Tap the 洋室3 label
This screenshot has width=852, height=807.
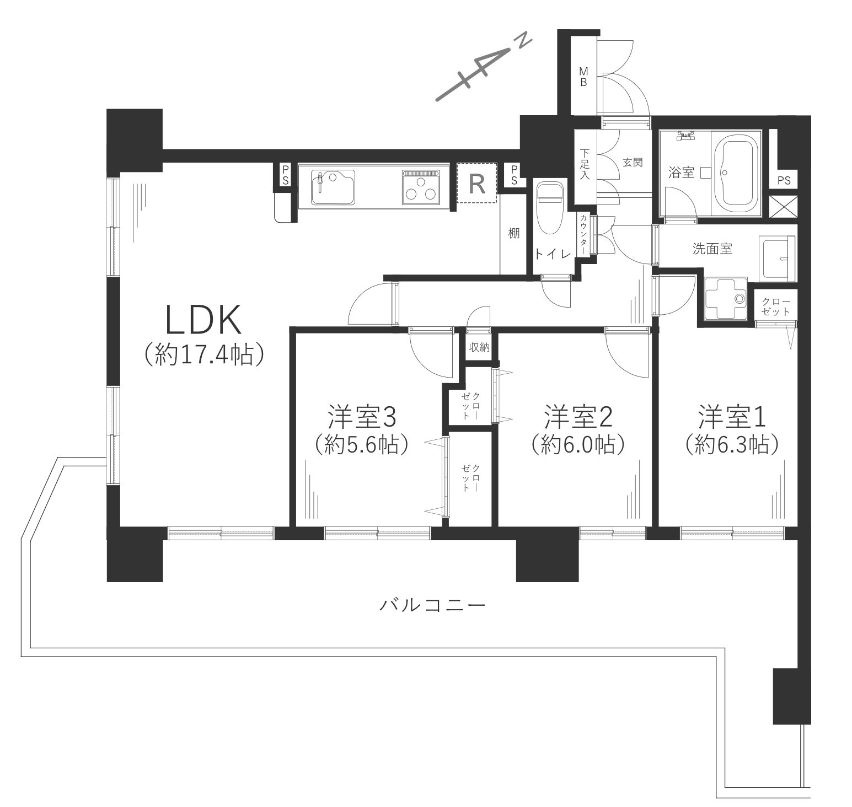coord(361,417)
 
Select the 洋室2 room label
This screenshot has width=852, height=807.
coord(578,417)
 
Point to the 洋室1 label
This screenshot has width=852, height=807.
coord(732,417)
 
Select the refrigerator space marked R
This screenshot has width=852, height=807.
coord(477,183)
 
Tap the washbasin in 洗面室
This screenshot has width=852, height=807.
coord(777,257)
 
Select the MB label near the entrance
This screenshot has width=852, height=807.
coord(582,77)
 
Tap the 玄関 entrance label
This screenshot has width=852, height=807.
coord(632,163)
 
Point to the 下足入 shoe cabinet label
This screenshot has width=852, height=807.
coord(585,162)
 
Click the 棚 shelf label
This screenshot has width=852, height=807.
coord(513,233)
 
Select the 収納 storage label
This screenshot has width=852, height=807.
coord(479,347)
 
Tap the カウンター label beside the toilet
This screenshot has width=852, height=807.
coord(582,234)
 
